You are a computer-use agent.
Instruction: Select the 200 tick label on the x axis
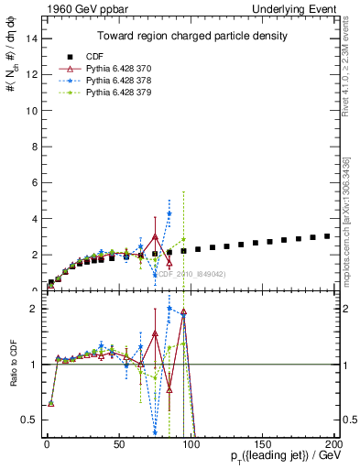(x=333, y=443)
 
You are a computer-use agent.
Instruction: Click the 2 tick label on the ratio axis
(x=33, y=309)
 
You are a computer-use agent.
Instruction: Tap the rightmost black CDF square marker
(x=327, y=235)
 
